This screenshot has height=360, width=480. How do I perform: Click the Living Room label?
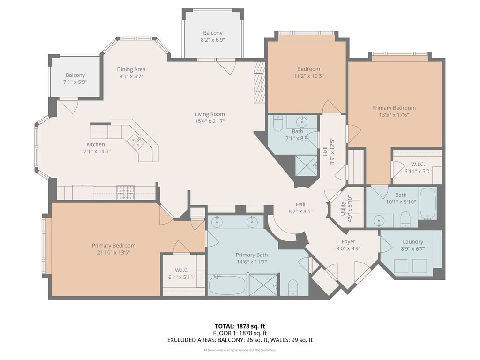[x=210, y=114]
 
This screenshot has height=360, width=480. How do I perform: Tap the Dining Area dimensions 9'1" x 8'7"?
[x=131, y=76]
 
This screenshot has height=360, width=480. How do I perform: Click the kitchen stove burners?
[x=125, y=192]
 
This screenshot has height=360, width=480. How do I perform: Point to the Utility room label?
[x=343, y=209]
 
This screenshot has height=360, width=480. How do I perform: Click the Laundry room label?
[x=412, y=242]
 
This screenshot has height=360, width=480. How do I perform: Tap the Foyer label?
[x=348, y=241]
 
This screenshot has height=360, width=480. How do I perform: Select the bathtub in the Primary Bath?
[x=227, y=285]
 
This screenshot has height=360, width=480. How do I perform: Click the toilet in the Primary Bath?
[x=293, y=287]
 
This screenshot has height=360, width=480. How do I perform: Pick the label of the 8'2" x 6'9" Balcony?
[x=213, y=33]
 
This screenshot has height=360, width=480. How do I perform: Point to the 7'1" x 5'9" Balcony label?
[x=75, y=75]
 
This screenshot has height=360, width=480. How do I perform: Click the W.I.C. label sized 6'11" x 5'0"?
[x=418, y=165]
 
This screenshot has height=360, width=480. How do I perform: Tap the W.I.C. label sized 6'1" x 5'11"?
[x=182, y=270]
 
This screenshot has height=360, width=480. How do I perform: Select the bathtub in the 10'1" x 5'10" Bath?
[x=427, y=203]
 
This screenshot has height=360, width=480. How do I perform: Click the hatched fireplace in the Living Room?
[x=259, y=82]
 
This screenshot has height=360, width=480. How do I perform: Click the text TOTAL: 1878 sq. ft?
[x=240, y=326]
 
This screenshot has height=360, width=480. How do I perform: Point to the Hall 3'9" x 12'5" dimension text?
[x=332, y=152]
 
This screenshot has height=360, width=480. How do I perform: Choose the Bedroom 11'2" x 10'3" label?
[x=308, y=69]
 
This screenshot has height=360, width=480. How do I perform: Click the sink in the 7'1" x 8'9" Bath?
[x=302, y=122]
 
